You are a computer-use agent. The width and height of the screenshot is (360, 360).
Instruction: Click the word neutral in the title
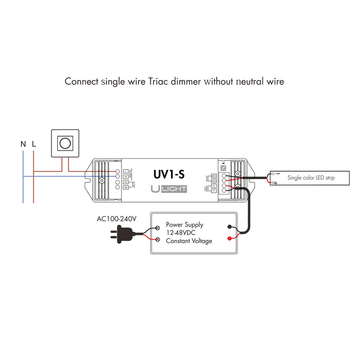tap(244, 82)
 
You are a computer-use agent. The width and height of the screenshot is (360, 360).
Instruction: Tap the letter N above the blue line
tap(23, 144)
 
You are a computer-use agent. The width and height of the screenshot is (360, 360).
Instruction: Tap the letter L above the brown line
tap(34, 144)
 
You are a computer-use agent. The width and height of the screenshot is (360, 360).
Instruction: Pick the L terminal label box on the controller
tap(126, 171)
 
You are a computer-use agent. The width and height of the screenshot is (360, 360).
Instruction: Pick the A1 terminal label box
tap(126, 181)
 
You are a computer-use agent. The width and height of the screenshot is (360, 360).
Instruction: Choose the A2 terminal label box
tap(126, 187)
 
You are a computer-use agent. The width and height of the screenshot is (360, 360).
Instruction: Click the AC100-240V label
tap(117, 219)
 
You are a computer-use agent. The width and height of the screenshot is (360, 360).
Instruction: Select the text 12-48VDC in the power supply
tap(181, 233)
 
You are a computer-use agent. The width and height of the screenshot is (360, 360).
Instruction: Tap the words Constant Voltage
tap(189, 241)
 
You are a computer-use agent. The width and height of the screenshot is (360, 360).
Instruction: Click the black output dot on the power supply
tap(230, 228)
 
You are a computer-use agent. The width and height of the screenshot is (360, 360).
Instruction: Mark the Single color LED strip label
tap(311, 178)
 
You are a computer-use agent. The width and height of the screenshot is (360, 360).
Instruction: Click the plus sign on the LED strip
tap(274, 183)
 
